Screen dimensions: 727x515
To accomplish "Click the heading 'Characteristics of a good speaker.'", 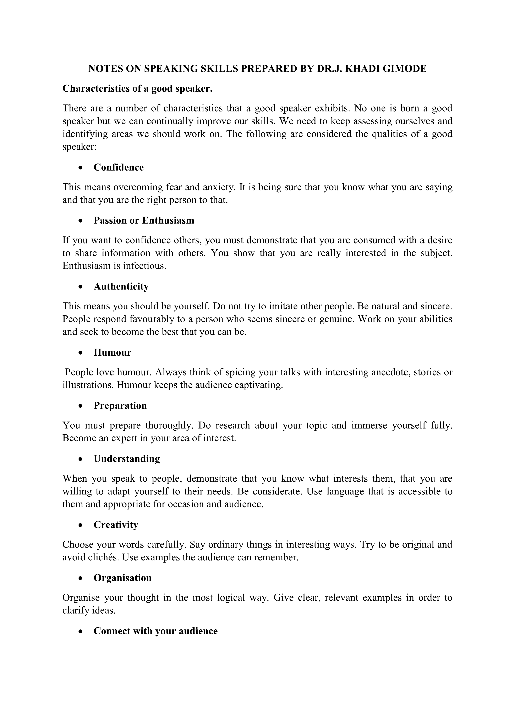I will (137, 89).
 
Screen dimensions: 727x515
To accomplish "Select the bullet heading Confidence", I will (119, 167).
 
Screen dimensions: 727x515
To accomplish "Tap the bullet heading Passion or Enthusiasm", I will (144, 220).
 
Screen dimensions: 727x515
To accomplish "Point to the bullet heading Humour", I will (112, 353).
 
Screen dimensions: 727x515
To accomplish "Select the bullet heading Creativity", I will (116, 525).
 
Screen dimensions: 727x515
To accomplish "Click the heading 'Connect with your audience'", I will (155, 631).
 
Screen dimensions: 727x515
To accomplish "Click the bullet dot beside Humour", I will (81, 353).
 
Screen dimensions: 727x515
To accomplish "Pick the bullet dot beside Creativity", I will (81, 525).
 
